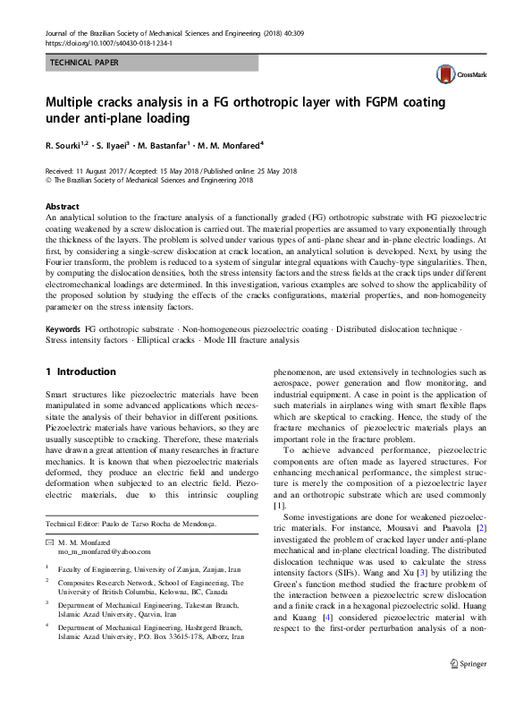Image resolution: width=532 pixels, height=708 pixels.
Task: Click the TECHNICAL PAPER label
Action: click(x=80, y=63)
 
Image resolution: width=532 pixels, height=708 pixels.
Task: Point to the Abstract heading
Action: click(x=62, y=206)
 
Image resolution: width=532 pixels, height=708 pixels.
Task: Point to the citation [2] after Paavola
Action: click(x=482, y=530)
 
